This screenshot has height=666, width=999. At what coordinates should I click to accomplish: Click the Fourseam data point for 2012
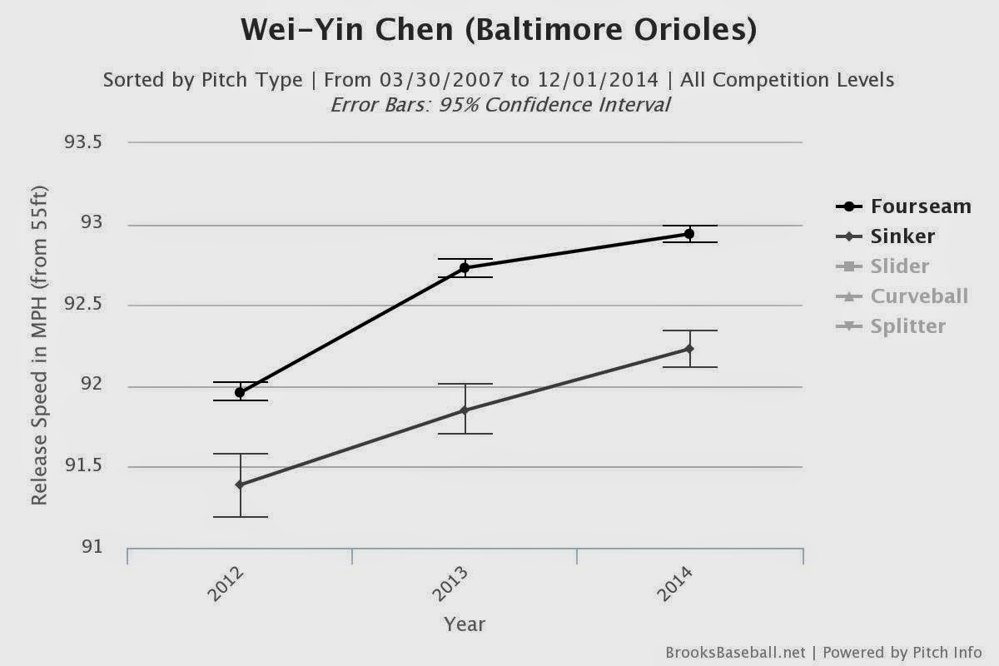(240, 393)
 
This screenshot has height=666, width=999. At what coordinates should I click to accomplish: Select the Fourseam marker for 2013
(465, 268)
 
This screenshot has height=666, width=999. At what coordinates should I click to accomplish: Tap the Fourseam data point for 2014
(689, 234)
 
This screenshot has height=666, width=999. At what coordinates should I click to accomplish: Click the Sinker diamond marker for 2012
(240, 485)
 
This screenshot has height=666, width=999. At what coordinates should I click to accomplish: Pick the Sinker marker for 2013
(465, 410)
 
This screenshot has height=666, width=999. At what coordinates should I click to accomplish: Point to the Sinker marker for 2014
(689, 349)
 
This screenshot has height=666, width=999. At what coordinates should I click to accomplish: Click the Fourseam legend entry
(903, 206)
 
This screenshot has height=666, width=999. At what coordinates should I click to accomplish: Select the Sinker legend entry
(885, 236)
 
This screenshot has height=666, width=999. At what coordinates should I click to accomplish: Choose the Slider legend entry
(882, 266)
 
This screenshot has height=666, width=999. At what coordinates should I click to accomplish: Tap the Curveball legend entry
(902, 296)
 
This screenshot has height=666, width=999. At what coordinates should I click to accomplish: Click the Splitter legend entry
(891, 326)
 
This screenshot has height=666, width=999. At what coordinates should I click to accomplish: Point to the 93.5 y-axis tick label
(83, 142)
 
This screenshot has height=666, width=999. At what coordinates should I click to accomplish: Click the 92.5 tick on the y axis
(83, 304)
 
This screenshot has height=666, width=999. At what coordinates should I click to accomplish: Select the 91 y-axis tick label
(92, 546)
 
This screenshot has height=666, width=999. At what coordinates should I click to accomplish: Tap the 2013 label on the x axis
(451, 584)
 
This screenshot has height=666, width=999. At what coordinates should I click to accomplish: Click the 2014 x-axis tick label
(676, 584)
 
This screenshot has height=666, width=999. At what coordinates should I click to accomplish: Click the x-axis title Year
(465, 624)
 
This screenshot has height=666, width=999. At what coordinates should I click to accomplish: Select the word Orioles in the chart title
(695, 30)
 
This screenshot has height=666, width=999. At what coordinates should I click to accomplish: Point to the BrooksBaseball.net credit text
(735, 653)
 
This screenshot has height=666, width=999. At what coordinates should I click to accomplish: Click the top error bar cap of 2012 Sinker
(241, 454)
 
